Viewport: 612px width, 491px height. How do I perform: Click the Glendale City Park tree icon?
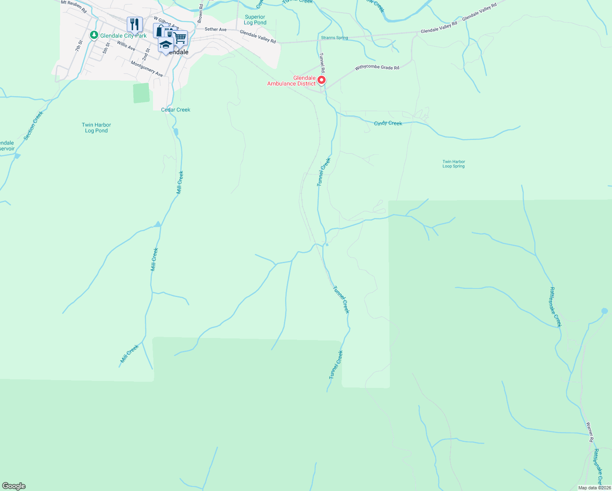pyautogui.click(x=94, y=35)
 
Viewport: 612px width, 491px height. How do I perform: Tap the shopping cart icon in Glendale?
pyautogui.click(x=180, y=38)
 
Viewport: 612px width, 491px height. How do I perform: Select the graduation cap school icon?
pyautogui.click(x=166, y=45)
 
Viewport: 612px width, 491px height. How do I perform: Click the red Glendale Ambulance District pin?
pyautogui.click(x=322, y=80)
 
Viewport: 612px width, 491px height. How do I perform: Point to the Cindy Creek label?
pyautogui.click(x=388, y=123)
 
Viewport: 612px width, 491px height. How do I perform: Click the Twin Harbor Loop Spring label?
pyautogui.click(x=454, y=164)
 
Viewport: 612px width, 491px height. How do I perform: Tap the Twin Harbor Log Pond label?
pyautogui.click(x=97, y=128)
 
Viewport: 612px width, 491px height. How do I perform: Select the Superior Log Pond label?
pyautogui.click(x=255, y=20)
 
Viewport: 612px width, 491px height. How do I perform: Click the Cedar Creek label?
pyautogui.click(x=175, y=110)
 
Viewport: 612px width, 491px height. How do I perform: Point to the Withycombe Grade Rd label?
pyautogui.click(x=377, y=68)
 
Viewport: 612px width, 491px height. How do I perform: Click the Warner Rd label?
pyautogui.click(x=589, y=432)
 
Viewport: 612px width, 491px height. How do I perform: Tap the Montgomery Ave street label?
pyautogui.click(x=147, y=69)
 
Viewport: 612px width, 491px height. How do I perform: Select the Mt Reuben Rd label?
pyautogui.click(x=74, y=7)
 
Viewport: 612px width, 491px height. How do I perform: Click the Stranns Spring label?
pyautogui.click(x=334, y=38)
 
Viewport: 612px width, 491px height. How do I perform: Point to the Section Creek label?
pyautogui.click(x=33, y=126)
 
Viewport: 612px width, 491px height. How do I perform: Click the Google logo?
pyautogui.click(x=14, y=486)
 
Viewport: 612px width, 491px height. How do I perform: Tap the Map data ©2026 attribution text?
pyautogui.click(x=594, y=488)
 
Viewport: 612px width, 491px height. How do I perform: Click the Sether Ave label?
pyautogui.click(x=216, y=29)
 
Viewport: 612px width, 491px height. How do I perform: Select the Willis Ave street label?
pyautogui.click(x=126, y=46)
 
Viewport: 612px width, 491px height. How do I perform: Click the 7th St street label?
pyautogui.click(x=79, y=46)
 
